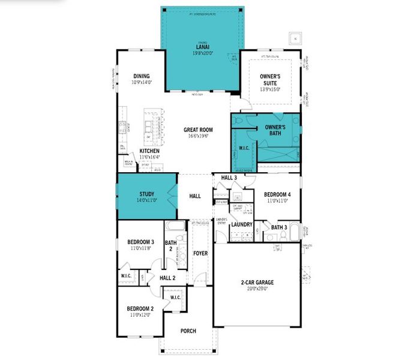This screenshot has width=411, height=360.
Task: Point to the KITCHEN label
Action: pyautogui.click(x=149, y=151)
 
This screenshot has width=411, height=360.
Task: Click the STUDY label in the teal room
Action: pyautogui.click(x=147, y=194)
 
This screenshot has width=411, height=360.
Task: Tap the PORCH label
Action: pyautogui.click(x=188, y=331)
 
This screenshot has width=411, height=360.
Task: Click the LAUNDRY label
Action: pyautogui.click(x=241, y=225)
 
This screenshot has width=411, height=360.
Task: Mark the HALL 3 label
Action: pyautogui.click(x=229, y=178)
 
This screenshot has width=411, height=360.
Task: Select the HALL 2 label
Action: pyautogui.click(x=167, y=278)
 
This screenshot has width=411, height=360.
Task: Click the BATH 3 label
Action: pyautogui.click(x=279, y=227)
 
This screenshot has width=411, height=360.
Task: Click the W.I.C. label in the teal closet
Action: pyautogui.click(x=244, y=148)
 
